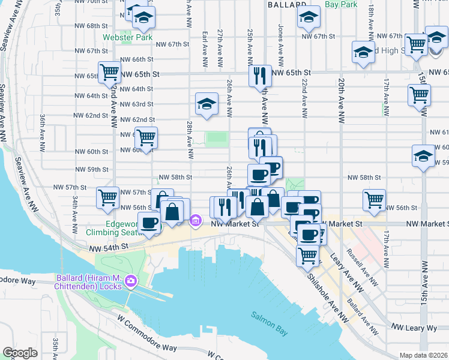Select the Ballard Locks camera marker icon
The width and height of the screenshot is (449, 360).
click(x=131, y=281)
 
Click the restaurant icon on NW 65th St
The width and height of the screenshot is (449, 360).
click(x=259, y=76)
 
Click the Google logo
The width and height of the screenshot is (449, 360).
click(x=20, y=353)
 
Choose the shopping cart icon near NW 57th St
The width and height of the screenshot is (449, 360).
click(x=108, y=197)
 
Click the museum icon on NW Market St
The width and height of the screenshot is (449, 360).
click(x=195, y=221)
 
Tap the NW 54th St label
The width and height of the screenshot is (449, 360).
click(x=109, y=247)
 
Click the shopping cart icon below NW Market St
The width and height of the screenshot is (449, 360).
click(x=308, y=254)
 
